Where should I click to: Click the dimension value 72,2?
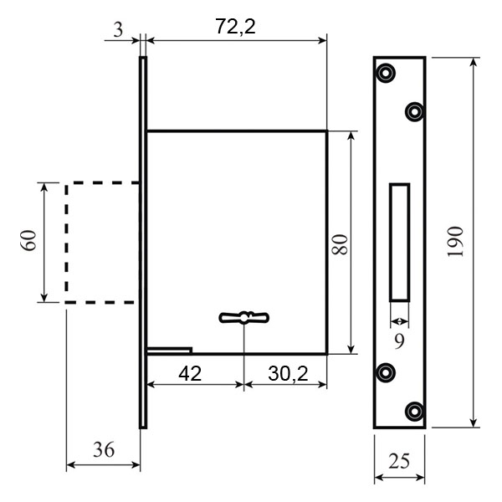(x=235, y=27)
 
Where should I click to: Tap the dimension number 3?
(x=118, y=30)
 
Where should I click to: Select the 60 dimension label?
(x=28, y=241)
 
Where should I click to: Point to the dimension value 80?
(x=340, y=244)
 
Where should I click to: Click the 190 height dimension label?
(x=455, y=242)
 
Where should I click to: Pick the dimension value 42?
(x=190, y=373)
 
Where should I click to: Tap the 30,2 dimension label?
(x=288, y=374)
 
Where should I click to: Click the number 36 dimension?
(x=104, y=449)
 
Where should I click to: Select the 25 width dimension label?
(x=399, y=461)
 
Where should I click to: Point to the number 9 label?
(x=399, y=341)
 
